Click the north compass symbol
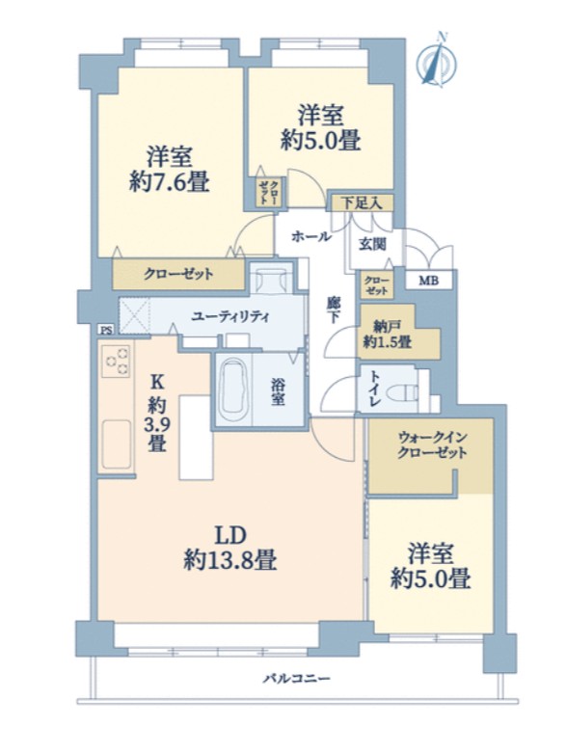pos(437,60)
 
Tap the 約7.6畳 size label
pos(169,182)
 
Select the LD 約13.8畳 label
pos(229,548)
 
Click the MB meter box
pos(428,280)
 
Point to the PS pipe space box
pos(106,330)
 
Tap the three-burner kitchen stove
pos(116,362)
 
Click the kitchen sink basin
pos(116,444)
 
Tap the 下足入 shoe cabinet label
pos(362,202)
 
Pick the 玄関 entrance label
pos(372,244)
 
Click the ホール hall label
pos(311,236)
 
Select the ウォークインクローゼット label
pos(432,445)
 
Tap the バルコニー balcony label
pos(297,679)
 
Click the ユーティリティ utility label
pos(230,317)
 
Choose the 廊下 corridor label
pos(333,309)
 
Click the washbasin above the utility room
pos(271,279)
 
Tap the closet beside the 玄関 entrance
pos(377,285)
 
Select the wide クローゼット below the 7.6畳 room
pos(178,275)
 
